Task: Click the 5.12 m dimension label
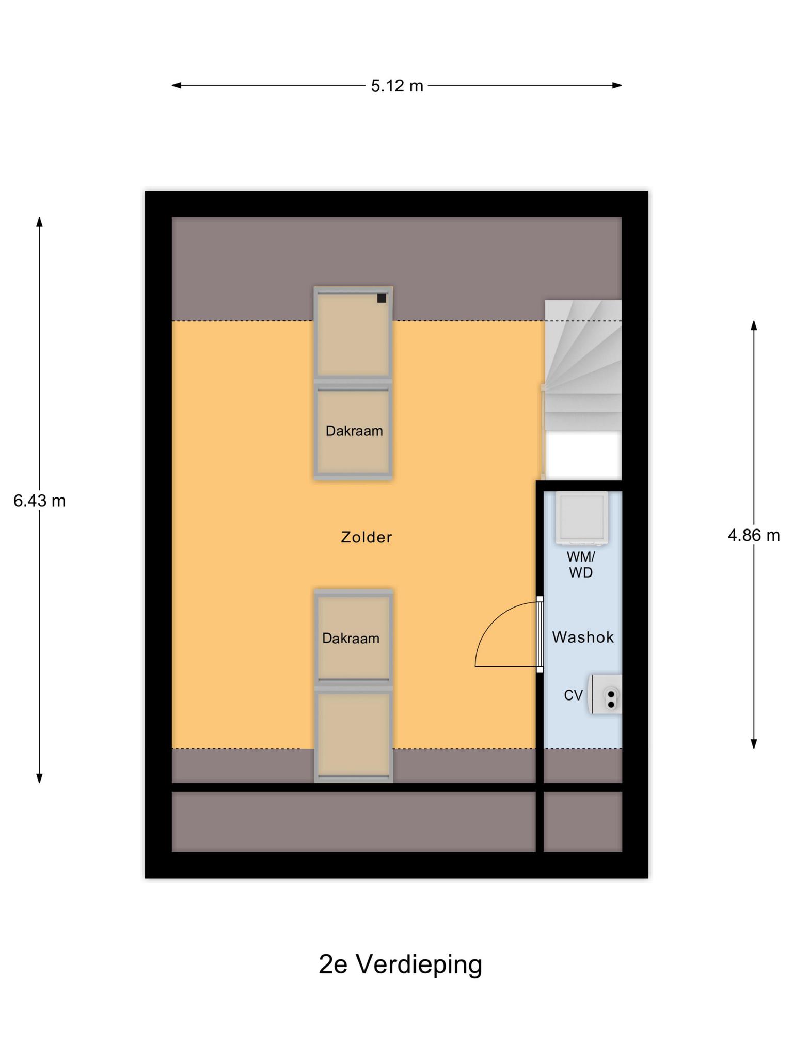point(396,86)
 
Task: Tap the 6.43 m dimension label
point(39,501)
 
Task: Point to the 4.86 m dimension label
point(753,535)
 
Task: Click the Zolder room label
point(367,537)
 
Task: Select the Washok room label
point(583,637)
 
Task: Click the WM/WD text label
point(581,565)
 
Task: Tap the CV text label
point(573,695)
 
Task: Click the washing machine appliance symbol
point(581,518)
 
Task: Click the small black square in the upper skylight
point(382,298)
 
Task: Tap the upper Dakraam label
point(354,431)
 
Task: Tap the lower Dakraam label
point(351,639)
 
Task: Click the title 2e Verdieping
point(400,964)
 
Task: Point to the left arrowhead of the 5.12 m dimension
point(176,85)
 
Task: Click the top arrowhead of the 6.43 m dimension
point(39,222)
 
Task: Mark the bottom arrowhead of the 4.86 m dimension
point(754,744)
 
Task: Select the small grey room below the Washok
point(583,822)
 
